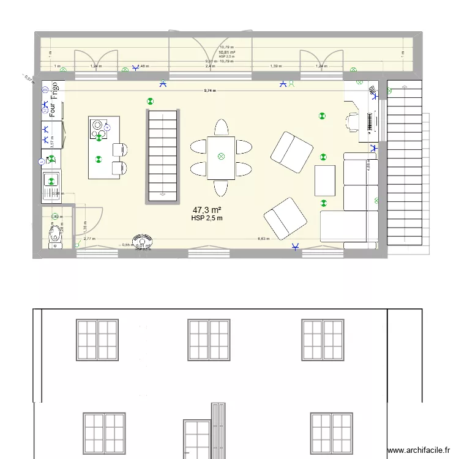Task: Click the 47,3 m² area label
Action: [206, 209]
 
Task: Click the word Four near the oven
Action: [54, 110]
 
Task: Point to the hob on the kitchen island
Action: [98, 128]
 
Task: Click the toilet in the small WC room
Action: [54, 231]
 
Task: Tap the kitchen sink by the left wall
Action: [51, 181]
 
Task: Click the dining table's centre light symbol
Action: [221, 156]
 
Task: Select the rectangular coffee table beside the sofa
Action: [325, 181]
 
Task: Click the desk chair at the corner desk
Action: [353, 121]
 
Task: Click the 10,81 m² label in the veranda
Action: [226, 52]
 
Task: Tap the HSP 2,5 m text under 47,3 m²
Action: [206, 218]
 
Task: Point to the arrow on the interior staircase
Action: [163, 194]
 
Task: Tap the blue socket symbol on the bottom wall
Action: [296, 247]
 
